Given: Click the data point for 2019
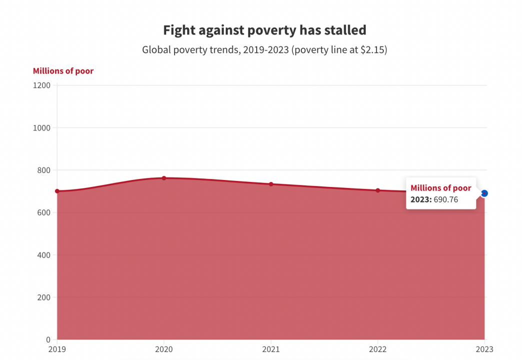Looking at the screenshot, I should click(57, 191).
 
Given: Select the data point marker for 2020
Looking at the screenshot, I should click(164, 178).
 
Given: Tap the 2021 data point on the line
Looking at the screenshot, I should click(271, 184).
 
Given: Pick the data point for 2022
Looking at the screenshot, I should click(378, 190).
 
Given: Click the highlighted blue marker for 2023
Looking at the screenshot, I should click(484, 193).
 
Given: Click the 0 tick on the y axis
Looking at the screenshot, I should click(48, 340).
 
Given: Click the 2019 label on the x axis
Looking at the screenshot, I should click(57, 349).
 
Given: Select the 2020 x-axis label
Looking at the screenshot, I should click(164, 349).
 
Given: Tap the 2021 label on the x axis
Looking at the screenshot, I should click(271, 349).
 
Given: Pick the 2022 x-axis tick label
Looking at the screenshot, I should click(378, 349).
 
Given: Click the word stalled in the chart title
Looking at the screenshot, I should click(346, 30).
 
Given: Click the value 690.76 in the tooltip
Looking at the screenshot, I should click(446, 199).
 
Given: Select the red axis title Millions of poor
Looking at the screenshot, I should click(63, 71).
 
